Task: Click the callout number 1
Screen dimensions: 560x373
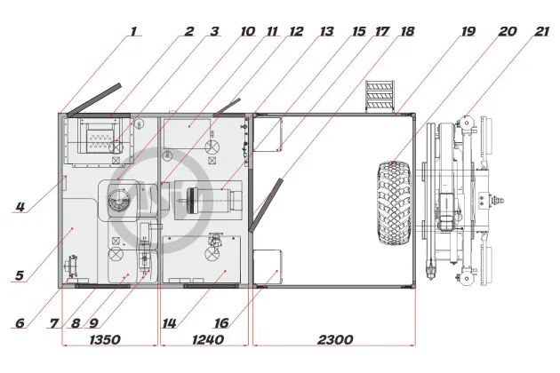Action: pos(133,31)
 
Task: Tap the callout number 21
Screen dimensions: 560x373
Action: pos(541,31)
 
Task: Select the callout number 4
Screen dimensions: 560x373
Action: pos(20,207)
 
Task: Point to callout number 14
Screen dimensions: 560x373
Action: pos(169,323)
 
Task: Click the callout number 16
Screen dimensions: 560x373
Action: pos(221,323)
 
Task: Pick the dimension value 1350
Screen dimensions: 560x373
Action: pos(105,339)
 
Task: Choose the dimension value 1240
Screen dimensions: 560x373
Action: pos(208,339)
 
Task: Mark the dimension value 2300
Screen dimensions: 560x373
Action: pos(335,339)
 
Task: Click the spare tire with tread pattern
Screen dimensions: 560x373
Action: pos(395,202)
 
